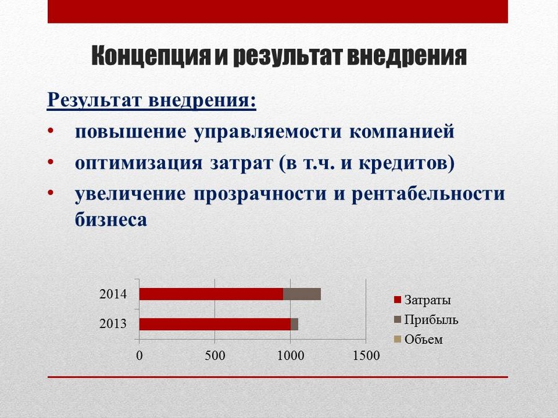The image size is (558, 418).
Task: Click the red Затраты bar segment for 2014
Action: coord(211,294)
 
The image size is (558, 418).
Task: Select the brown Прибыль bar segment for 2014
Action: coord(302,294)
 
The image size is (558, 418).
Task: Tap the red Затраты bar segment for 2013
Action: coord(215,324)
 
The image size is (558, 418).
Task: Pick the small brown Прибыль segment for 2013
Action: coord(294,324)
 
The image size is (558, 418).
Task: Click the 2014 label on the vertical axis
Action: coord(113,294)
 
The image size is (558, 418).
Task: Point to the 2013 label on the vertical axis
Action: coord(113,324)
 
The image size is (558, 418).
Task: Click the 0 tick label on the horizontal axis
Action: coord(139,355)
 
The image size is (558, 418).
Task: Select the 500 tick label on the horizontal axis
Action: coord(215,355)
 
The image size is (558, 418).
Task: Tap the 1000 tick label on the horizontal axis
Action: coord(290,355)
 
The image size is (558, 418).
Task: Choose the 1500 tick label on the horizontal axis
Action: coord(366,355)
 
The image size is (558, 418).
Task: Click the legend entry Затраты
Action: coord(422,300)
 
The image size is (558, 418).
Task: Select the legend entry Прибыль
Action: coord(426,320)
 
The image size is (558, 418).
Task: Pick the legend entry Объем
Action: coord(418,339)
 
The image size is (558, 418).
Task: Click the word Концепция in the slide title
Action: coord(151,56)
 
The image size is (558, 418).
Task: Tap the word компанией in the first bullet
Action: coord(402,131)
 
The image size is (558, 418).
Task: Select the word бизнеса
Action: coord(111,219)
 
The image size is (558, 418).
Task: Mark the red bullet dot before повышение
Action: coord(51,131)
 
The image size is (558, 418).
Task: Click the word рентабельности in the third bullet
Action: coord(428,194)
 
